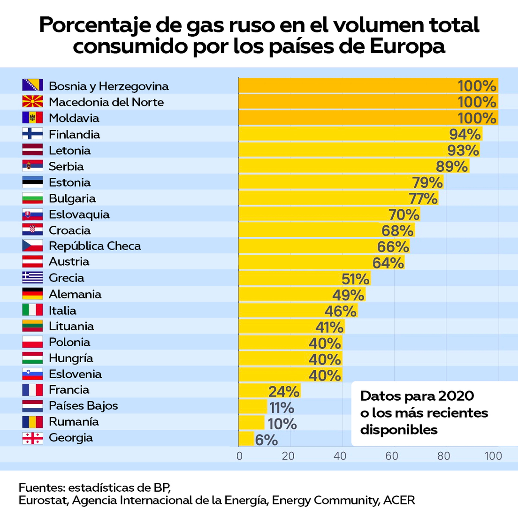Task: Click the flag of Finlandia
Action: [x=32, y=134]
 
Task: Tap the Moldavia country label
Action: [x=74, y=118]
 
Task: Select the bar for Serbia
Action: [x=338, y=167]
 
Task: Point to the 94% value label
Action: [x=465, y=135]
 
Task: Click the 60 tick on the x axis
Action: [x=392, y=456]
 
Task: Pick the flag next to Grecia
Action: [x=32, y=278]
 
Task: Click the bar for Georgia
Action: [x=246, y=439]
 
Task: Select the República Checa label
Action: [x=95, y=246]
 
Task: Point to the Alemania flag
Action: [x=32, y=294]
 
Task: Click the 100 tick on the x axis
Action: [x=493, y=456]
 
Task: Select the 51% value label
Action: [x=355, y=279]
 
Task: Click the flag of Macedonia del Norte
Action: [x=32, y=102]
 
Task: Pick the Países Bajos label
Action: [x=83, y=406]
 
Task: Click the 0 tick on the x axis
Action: [x=240, y=456]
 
